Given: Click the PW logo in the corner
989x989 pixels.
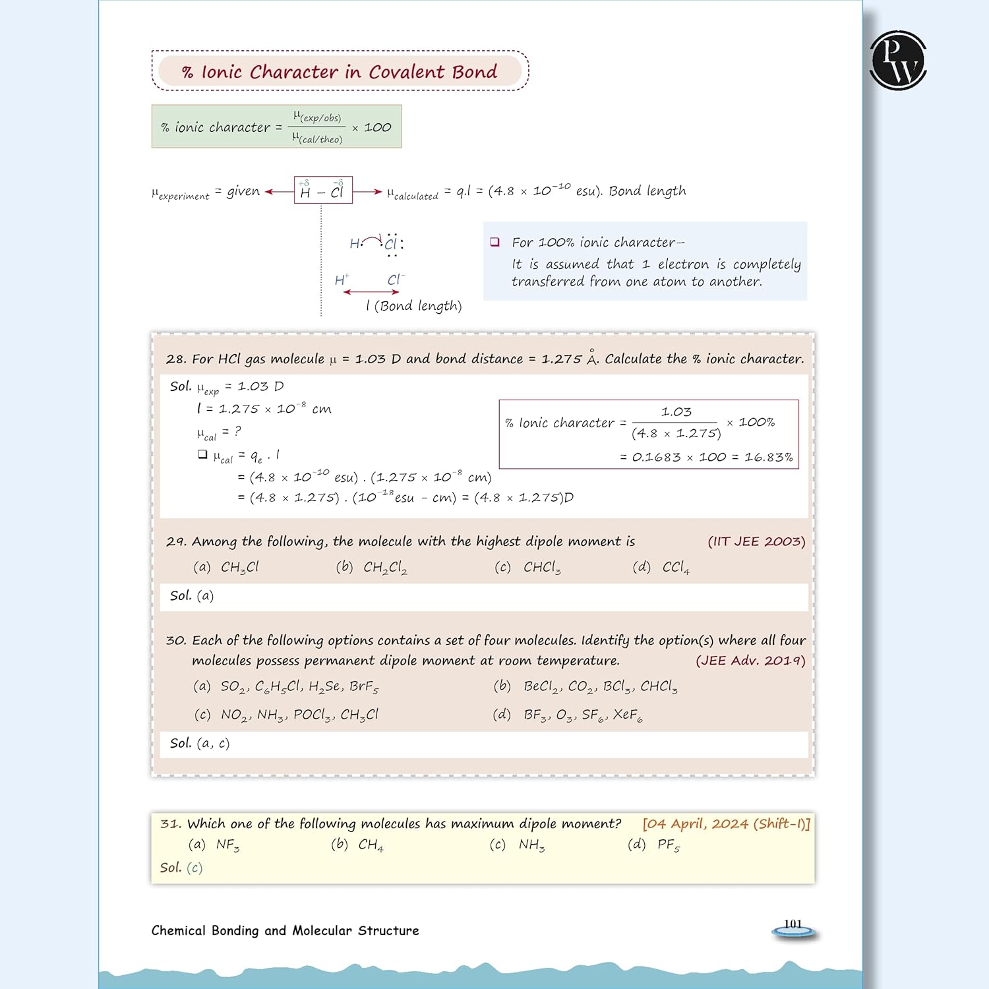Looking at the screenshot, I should click(x=898, y=60).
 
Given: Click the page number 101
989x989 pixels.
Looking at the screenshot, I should click(x=793, y=924).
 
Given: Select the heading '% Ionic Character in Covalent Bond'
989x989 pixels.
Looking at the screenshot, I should click(x=340, y=71).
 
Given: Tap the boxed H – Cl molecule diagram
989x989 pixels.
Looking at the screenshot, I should click(x=323, y=191).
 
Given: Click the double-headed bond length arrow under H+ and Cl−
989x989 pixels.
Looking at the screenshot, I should click(x=371, y=292).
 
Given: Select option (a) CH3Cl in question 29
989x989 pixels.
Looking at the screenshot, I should click(x=226, y=567).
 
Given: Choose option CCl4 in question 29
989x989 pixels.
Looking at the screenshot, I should click(x=675, y=567).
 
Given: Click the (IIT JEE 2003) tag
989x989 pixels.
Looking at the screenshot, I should click(x=756, y=541).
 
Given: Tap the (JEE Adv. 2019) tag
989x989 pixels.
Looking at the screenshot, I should click(x=750, y=661).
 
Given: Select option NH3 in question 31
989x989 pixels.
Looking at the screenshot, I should click(x=531, y=845).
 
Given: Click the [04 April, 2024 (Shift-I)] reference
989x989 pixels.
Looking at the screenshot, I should click(x=726, y=824).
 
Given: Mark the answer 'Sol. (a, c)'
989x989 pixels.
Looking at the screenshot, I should click(x=200, y=743).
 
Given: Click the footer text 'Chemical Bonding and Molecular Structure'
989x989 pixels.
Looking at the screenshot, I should click(x=285, y=930).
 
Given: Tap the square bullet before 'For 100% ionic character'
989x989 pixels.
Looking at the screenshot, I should click(x=494, y=242).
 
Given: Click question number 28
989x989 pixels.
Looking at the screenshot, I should click(x=175, y=359).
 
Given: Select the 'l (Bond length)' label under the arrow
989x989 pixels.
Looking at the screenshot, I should click(x=414, y=306).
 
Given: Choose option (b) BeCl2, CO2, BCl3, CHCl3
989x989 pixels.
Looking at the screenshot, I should click(x=585, y=686).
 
